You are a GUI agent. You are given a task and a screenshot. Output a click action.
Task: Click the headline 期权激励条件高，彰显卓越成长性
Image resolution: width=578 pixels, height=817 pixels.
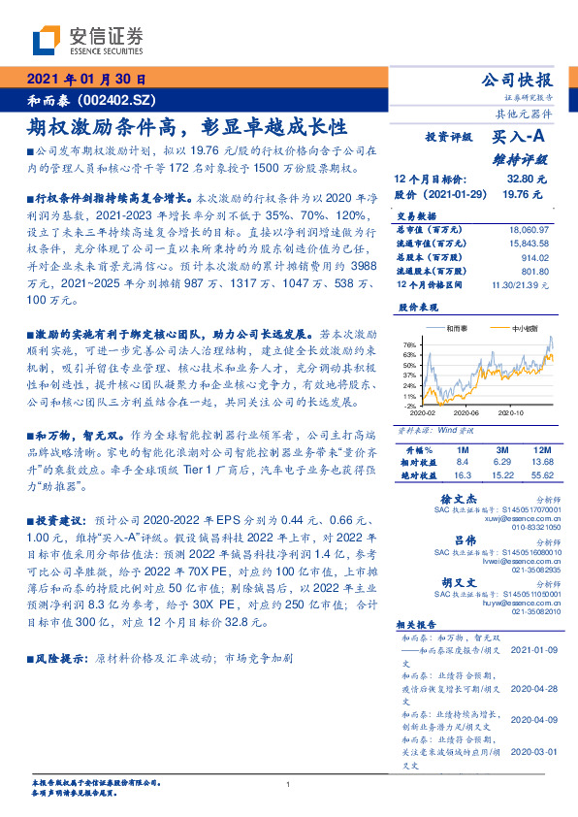pos(186,126)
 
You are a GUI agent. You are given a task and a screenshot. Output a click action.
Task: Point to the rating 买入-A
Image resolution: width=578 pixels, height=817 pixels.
pos(520,140)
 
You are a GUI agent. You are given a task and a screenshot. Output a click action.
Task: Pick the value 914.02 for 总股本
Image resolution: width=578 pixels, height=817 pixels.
pos(533,257)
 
